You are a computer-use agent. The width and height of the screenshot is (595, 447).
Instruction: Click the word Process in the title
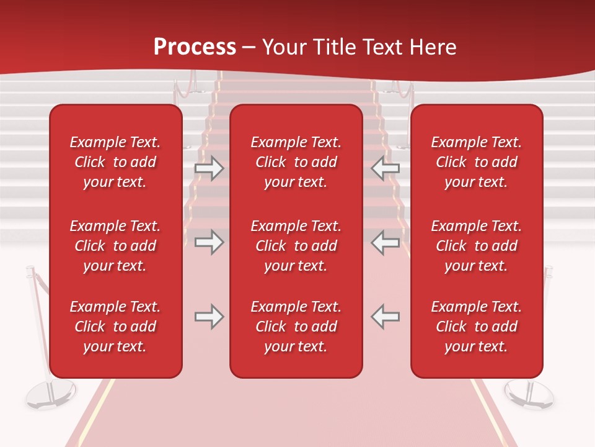click(195, 47)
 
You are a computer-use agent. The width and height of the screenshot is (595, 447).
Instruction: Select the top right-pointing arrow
click(209, 168)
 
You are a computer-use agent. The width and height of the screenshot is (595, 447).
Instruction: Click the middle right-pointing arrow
click(209, 242)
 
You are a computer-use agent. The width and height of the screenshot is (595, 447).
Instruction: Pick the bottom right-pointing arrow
click(209, 317)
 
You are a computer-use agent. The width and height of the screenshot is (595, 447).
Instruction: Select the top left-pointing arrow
click(386, 168)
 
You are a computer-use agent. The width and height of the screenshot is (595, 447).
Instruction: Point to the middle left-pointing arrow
click(386, 242)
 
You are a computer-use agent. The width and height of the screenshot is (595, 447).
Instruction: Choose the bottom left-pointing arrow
click(386, 317)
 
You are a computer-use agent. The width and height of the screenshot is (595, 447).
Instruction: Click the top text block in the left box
click(115, 162)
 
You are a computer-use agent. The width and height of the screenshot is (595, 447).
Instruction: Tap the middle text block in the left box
click(115, 246)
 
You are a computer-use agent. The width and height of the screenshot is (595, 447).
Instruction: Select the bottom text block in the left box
click(115, 327)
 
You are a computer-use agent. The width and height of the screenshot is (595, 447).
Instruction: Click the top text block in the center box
click(296, 162)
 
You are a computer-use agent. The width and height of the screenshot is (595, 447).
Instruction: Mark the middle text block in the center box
click(296, 246)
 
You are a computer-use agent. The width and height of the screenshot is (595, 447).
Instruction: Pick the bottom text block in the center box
click(296, 327)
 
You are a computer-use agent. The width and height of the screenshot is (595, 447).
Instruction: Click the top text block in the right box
click(477, 162)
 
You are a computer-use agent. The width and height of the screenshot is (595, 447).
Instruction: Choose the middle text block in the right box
click(477, 246)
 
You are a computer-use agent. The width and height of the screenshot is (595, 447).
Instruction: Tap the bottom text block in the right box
click(477, 327)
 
